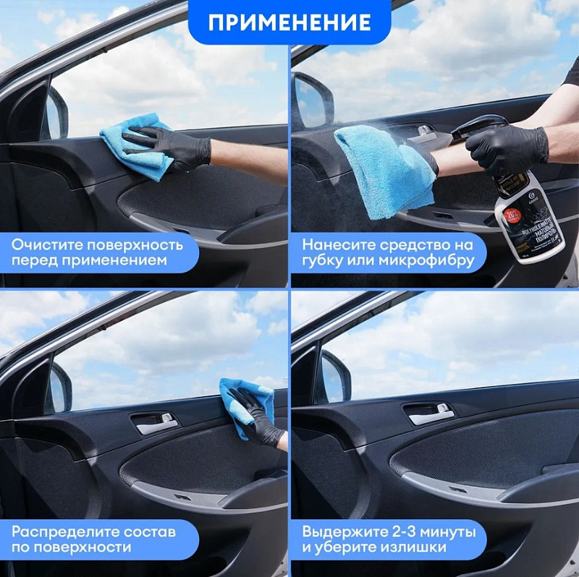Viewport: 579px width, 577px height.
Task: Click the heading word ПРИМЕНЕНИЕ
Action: (x=289, y=22)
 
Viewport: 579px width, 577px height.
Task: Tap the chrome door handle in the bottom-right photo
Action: (x=431, y=415)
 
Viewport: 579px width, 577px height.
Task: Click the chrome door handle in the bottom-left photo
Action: (x=156, y=424)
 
